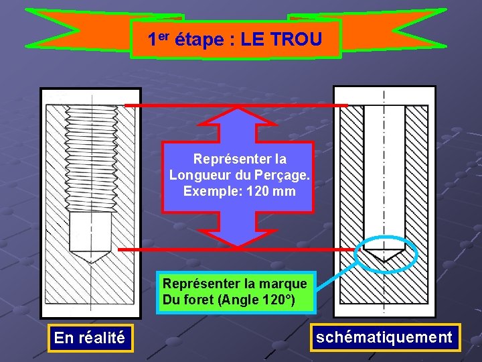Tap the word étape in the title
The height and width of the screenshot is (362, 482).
tap(199, 40)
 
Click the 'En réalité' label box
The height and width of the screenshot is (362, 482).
tap(89, 338)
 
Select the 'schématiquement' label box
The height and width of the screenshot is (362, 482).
tap(384, 337)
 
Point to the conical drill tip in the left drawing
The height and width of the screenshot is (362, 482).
tap(90, 257)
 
